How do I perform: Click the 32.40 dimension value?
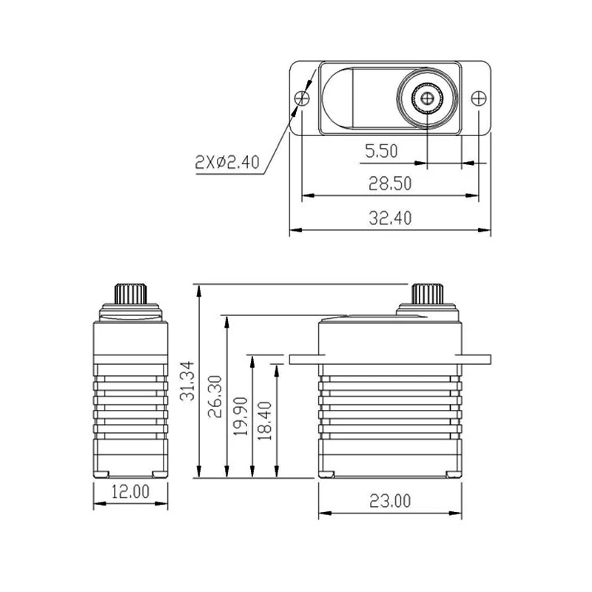(390, 218)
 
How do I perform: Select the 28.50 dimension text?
(390, 184)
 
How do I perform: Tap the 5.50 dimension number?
(381, 151)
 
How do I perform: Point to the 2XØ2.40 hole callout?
(227, 162)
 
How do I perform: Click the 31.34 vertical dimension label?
(187, 380)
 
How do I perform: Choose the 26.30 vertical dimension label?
(215, 397)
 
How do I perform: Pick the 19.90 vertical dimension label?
(240, 417)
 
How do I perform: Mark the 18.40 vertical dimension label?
(265, 420)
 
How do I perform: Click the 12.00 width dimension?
(131, 491)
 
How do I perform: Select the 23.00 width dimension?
(390, 501)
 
